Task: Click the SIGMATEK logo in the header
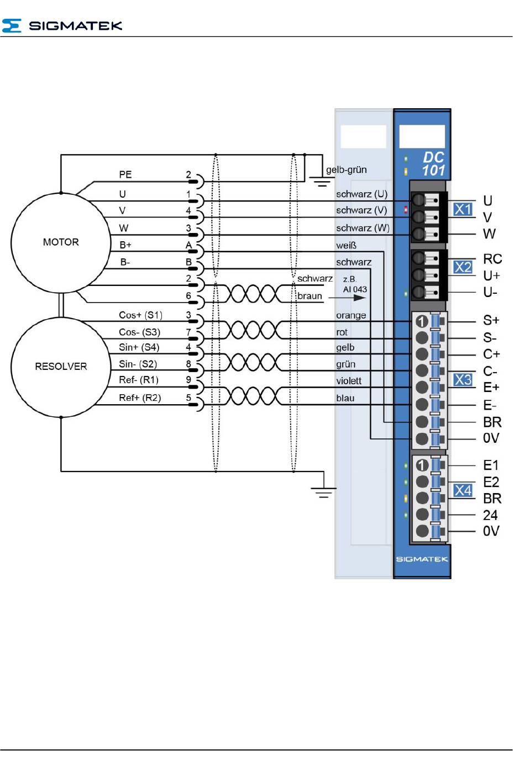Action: coord(62,25)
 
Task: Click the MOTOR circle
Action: coord(61,242)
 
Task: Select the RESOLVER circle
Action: coord(61,367)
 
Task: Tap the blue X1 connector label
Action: coord(463,209)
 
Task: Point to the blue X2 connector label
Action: coord(463,267)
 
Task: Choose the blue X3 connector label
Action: coord(463,380)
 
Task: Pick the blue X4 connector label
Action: coord(463,490)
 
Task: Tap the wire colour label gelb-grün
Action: coord(346,170)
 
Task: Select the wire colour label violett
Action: coord(348,381)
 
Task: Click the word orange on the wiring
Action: coord(351,316)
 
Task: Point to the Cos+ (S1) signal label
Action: coord(140,315)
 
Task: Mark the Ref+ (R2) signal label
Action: coord(140,398)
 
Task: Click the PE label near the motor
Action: coord(125,174)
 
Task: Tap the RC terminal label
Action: coord(492,259)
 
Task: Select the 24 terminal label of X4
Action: coord(490,515)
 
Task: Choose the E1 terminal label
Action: coord(491,465)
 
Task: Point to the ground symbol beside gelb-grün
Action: coord(320,180)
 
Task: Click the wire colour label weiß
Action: coord(346,245)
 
